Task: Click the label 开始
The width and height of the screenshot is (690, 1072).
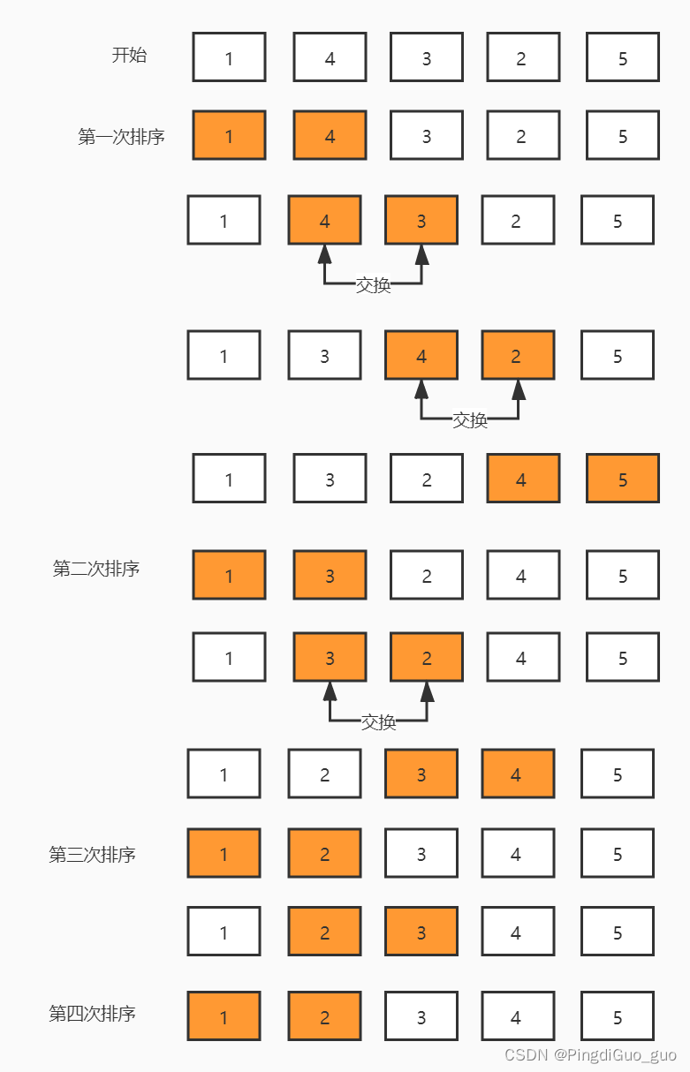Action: point(129,55)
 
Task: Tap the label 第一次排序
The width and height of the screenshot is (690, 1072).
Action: point(121,137)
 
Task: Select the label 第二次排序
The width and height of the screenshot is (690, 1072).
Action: point(95,569)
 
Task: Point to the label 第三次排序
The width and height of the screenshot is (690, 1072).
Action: point(92,854)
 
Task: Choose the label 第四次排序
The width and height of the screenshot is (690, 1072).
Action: point(92,1014)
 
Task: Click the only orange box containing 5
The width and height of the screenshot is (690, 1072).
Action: point(623,478)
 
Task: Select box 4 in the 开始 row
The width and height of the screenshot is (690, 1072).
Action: point(330,57)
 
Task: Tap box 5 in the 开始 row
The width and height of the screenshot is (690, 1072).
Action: point(623,57)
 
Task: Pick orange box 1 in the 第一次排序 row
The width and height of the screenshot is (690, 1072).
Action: point(229,135)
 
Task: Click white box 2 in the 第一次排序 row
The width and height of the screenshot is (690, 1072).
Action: point(523,135)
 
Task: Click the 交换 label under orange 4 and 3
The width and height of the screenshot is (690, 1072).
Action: point(373,285)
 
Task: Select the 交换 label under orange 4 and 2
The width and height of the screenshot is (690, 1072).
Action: point(470,420)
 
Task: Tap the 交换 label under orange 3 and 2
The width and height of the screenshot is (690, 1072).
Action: point(378,722)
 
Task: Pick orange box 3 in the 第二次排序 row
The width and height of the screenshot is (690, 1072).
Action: point(330,575)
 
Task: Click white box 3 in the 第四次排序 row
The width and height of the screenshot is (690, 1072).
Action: point(421,1015)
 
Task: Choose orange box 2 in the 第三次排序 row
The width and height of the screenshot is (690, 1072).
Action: point(324,853)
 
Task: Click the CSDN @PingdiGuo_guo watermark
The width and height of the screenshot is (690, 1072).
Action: point(590,1054)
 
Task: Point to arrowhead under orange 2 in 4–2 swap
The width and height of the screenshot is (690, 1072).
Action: point(518,389)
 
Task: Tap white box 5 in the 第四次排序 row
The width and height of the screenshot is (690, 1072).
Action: point(618,1015)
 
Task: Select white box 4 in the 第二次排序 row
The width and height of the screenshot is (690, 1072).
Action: point(523,575)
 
